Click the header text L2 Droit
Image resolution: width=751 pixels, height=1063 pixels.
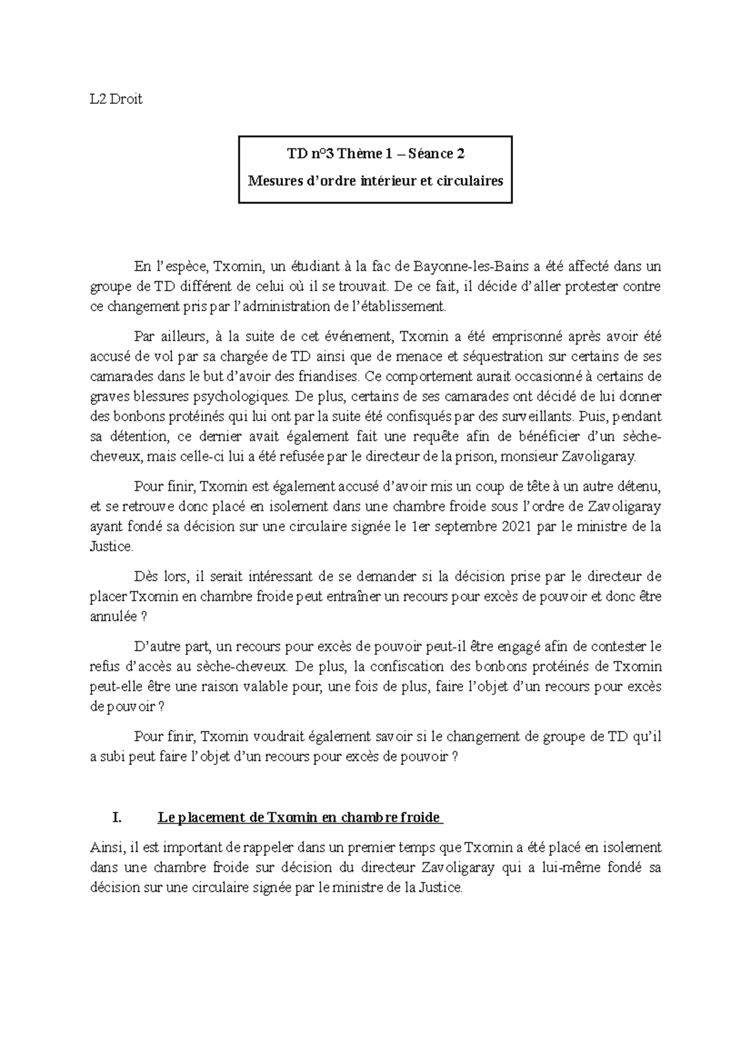click(116, 99)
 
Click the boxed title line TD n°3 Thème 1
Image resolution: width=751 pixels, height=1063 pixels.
click(375, 153)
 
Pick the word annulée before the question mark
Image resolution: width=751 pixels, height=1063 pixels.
click(113, 617)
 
